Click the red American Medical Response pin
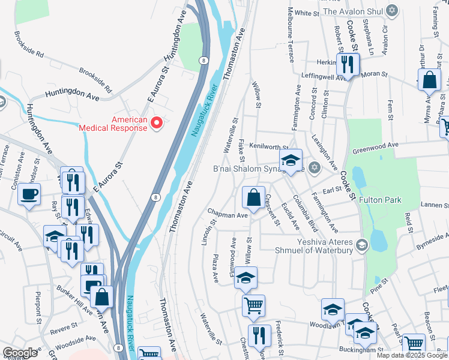pyautogui.click(x=157, y=123)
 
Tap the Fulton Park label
pyautogui.click(x=379, y=200)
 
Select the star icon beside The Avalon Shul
pyautogui.click(x=393, y=11)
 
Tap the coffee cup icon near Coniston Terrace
pyautogui.click(x=29, y=194)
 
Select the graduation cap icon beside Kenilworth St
pyautogui.click(x=291, y=160)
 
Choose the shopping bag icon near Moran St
pyautogui.click(x=430, y=79)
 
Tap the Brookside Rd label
pyautogui.click(x=29, y=45)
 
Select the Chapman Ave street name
pyautogui.click(x=228, y=215)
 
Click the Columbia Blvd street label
pyautogui.click(x=306, y=210)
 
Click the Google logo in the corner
pyautogui.click(x=20, y=353)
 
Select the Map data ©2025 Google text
pyautogui.click(x=411, y=355)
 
